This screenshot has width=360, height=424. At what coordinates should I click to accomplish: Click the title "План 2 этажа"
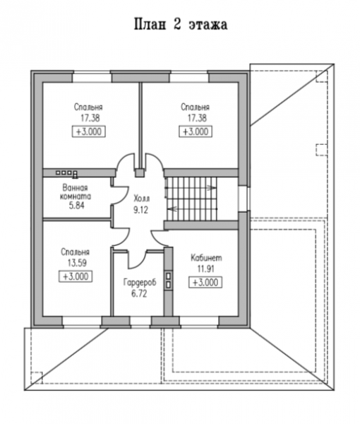pos(181,24)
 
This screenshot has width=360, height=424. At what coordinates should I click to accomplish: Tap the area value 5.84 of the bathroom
pos(77,206)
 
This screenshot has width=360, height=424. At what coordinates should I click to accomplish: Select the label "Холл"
pos(141,199)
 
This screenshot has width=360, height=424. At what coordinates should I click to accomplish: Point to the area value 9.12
pos(140,210)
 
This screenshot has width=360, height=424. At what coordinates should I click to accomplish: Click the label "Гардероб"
pos(140,283)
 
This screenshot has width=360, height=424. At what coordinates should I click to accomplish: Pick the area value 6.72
pos(139,294)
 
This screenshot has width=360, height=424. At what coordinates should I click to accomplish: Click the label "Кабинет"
pos(206,258)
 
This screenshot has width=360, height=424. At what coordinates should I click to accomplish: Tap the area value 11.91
pos(206,269)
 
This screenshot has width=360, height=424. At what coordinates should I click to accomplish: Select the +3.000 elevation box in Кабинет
pos(205,283)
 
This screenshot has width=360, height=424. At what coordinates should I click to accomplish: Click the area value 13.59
pos(77,263)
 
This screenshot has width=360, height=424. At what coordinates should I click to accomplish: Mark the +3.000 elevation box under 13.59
pos(76,276)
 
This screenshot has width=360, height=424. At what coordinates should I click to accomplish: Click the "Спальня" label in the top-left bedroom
pos(88,107)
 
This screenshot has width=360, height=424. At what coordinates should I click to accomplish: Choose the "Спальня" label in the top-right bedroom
pos(195,107)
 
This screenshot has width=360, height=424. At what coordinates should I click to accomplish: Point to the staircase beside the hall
pos(192,199)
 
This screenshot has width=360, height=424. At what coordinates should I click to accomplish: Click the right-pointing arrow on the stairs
pos(212,188)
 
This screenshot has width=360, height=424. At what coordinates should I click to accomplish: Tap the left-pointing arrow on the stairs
pos(172,209)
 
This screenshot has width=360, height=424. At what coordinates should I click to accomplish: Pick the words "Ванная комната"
pos(76,192)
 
